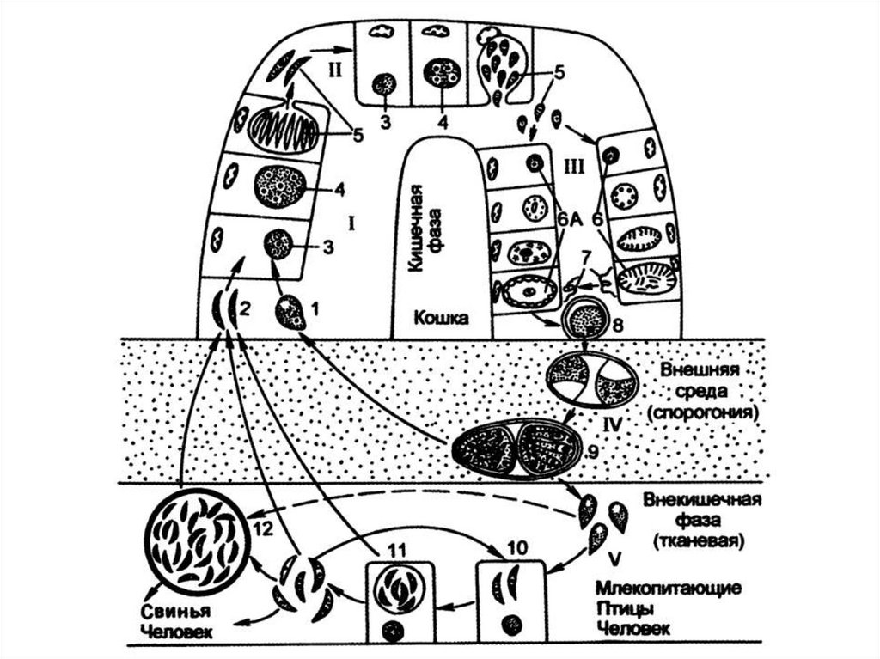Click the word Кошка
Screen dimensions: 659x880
[x=442, y=319]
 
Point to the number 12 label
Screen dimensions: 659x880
[x=264, y=529]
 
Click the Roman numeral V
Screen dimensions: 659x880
[x=614, y=560]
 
